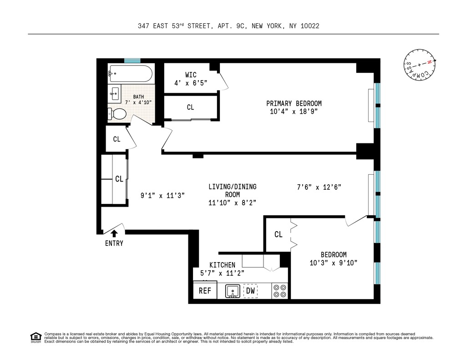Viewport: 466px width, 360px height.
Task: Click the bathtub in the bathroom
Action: tap(130, 74)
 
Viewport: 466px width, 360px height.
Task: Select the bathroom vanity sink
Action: tap(115, 94)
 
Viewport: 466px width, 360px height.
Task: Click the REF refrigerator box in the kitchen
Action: tap(205, 290)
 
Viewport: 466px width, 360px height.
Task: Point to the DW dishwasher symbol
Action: tap(250, 291)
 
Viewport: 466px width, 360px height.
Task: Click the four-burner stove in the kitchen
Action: tap(279, 291)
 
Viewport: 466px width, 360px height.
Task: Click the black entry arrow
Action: tap(114, 234)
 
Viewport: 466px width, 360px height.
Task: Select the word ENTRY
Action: tap(114, 243)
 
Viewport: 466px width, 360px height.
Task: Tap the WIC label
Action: tap(191, 75)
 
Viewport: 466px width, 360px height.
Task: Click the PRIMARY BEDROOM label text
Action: tap(294, 103)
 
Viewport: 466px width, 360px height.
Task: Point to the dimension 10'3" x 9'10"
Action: tap(333, 263)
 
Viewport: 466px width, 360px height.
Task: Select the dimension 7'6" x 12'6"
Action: tap(318, 187)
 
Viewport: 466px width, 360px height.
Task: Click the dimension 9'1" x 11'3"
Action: tap(162, 196)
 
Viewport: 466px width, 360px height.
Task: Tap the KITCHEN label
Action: tap(222, 265)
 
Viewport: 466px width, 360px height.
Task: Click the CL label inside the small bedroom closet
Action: tap(278, 234)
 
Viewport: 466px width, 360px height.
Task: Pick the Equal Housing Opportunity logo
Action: tap(35, 337)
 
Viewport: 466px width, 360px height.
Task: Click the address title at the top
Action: tap(228, 26)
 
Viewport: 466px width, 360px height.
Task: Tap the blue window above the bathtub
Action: tap(132, 61)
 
